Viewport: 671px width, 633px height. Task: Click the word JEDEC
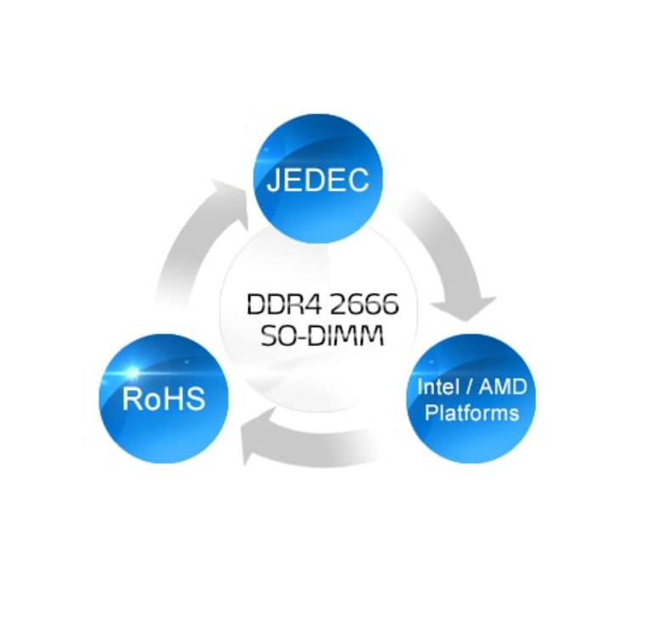[318, 180]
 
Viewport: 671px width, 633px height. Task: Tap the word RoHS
[164, 398]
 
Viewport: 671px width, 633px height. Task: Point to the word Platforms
[471, 414]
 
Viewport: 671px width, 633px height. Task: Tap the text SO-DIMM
[322, 336]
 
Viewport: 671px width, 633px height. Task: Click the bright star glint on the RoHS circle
[133, 372]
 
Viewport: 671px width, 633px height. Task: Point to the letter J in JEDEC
[273, 180]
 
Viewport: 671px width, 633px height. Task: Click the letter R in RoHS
[132, 398]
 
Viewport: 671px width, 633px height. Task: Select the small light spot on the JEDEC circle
[266, 150]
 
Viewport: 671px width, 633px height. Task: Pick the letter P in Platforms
[430, 413]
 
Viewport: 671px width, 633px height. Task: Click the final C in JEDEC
[358, 180]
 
